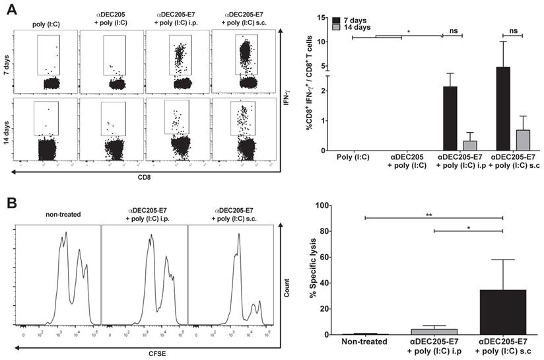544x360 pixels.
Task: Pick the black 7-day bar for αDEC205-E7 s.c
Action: tap(504, 108)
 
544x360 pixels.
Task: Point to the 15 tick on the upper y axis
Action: tap(323, 17)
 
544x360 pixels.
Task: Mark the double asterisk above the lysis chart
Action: tap(433, 214)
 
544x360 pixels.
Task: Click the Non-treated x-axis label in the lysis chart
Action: tap(362, 342)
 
